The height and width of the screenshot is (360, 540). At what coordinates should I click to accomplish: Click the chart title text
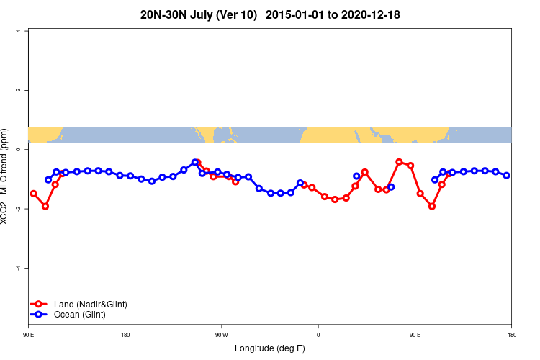click(x=269, y=14)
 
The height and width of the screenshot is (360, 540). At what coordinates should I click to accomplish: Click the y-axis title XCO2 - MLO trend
click(x=6, y=176)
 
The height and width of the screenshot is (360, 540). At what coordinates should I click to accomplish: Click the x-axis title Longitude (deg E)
click(x=269, y=348)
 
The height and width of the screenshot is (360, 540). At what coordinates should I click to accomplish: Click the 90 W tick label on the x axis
click(x=221, y=334)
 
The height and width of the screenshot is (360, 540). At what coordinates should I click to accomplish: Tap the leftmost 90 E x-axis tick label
click(x=29, y=334)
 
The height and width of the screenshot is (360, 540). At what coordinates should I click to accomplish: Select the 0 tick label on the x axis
click(x=318, y=334)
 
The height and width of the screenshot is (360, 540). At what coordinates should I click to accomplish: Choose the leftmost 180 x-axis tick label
click(x=125, y=334)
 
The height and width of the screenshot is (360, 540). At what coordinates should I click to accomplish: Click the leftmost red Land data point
click(x=33, y=194)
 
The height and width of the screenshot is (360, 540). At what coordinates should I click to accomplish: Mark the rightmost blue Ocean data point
click(x=506, y=175)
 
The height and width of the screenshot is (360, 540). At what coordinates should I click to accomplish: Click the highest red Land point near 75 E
click(x=399, y=162)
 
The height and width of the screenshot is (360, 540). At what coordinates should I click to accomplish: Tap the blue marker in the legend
click(x=40, y=315)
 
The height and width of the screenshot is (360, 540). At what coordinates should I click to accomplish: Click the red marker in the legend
click(x=40, y=305)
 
